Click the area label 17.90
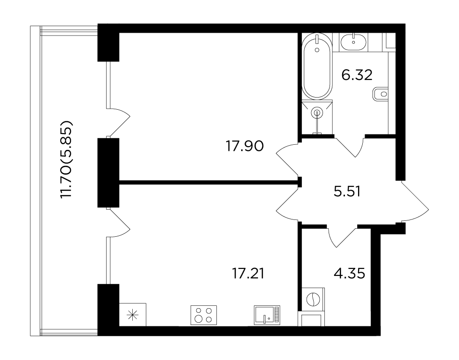click(x=245, y=146)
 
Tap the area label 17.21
click(x=248, y=274)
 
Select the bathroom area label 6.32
click(x=357, y=75)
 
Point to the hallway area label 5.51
click(x=347, y=192)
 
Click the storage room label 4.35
click(x=350, y=274)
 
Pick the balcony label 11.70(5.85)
click(x=66, y=159)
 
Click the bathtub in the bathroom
click(x=317, y=66)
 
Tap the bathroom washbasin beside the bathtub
click(x=354, y=42)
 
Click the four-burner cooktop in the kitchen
click(x=204, y=315)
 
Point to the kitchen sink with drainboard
click(x=267, y=315)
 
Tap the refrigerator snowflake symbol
click(x=133, y=314)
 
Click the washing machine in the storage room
click(x=311, y=299)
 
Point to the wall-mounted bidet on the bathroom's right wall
click(x=380, y=94)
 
